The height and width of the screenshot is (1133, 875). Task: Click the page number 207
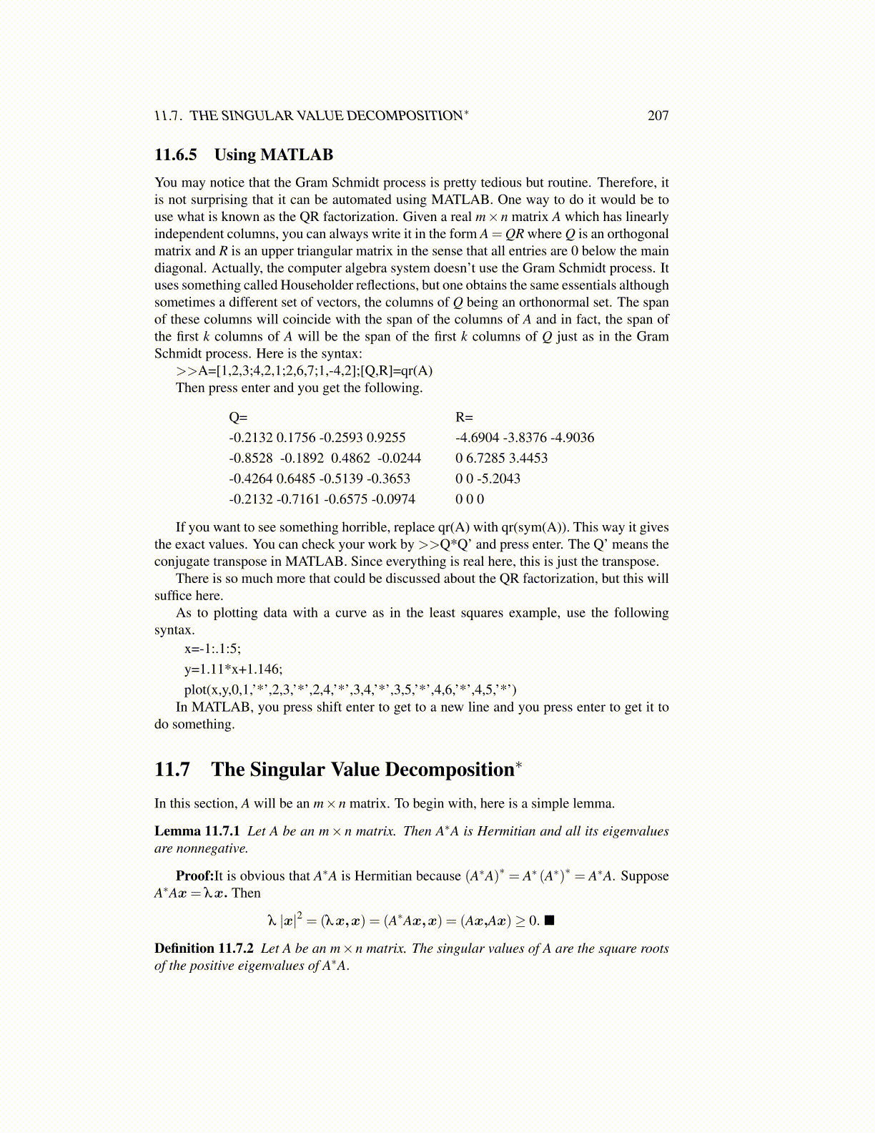click(658, 115)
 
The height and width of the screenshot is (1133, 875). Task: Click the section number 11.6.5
click(176, 154)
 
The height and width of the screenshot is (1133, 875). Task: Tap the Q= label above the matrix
click(238, 417)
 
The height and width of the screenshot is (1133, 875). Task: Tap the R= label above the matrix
click(464, 417)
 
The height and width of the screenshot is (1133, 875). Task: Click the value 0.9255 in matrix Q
click(386, 438)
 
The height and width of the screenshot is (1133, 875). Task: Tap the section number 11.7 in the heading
click(172, 770)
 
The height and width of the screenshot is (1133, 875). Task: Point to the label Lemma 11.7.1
click(197, 831)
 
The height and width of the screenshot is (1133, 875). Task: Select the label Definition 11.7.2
click(204, 948)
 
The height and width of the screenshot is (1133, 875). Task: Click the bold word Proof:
click(194, 875)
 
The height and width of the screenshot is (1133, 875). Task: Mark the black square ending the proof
click(549, 920)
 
